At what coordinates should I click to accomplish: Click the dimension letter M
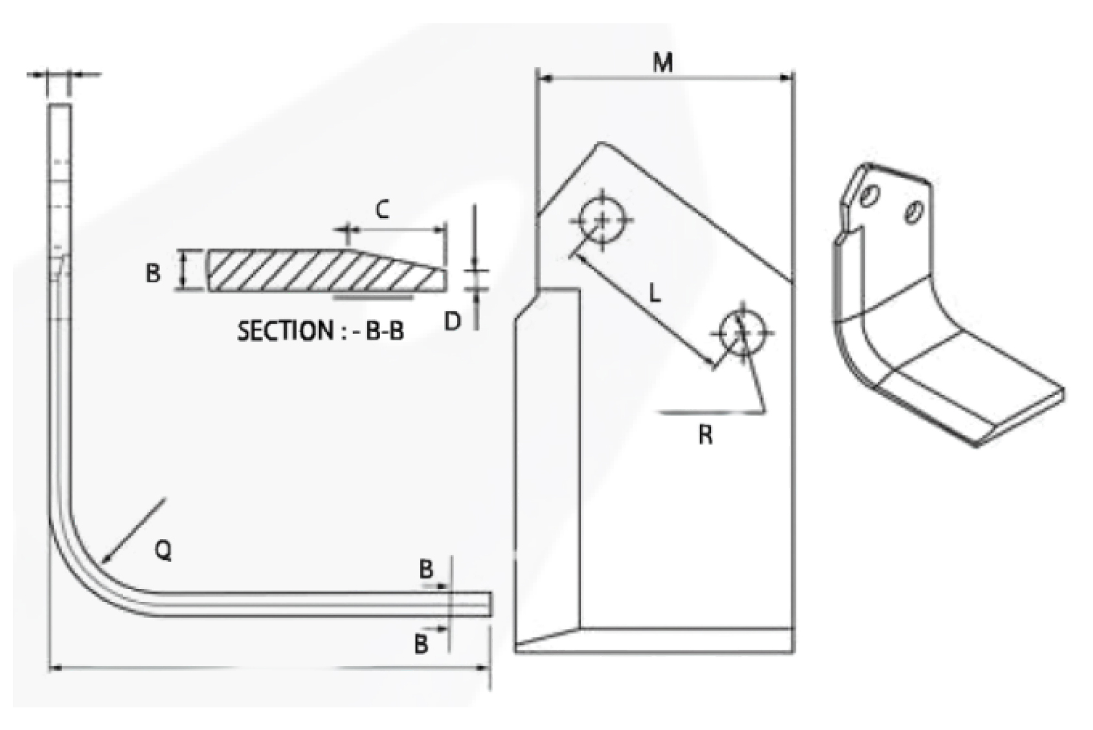click(662, 63)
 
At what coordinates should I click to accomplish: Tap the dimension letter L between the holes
click(655, 294)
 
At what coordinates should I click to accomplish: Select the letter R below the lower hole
click(706, 435)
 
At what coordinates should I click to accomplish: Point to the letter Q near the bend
click(163, 551)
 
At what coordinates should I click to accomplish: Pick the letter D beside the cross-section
click(453, 321)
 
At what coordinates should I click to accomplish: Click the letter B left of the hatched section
click(153, 272)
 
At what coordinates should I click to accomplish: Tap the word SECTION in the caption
click(285, 331)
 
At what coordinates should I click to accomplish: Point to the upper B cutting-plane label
click(425, 570)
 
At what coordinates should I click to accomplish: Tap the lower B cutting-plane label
click(421, 644)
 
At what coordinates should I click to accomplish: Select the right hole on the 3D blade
click(914, 212)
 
